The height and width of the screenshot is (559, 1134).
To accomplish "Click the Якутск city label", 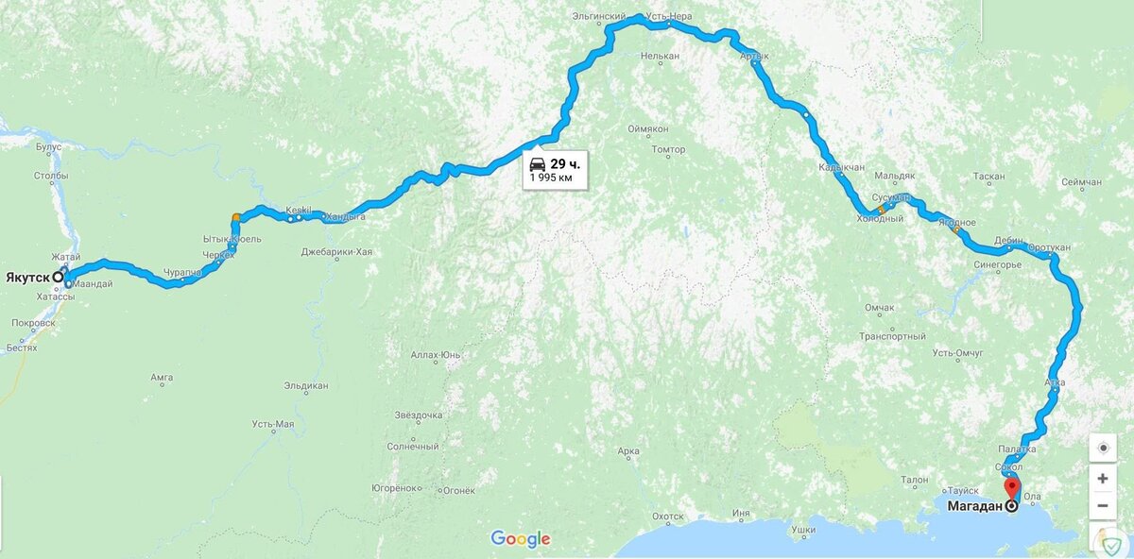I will [x=28, y=278].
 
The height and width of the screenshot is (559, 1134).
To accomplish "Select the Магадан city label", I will [x=973, y=506].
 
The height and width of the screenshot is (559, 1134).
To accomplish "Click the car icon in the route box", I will [x=537, y=163].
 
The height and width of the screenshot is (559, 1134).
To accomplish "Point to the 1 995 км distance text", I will [x=552, y=178].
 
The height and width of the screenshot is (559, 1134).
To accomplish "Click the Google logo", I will [x=520, y=539].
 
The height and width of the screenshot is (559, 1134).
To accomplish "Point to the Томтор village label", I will [x=669, y=150].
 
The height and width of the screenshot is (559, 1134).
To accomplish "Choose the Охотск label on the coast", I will [x=667, y=517].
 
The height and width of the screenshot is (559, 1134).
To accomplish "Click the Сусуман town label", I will [x=891, y=196].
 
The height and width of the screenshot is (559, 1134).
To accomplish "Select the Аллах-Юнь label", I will [x=436, y=355].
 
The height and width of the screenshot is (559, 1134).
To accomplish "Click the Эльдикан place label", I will [x=306, y=386].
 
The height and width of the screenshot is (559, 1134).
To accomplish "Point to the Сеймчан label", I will [x=1081, y=182].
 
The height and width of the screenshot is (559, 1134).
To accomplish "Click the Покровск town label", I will [x=34, y=323].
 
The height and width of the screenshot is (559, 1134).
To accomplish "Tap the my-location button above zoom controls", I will [x=1102, y=448].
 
